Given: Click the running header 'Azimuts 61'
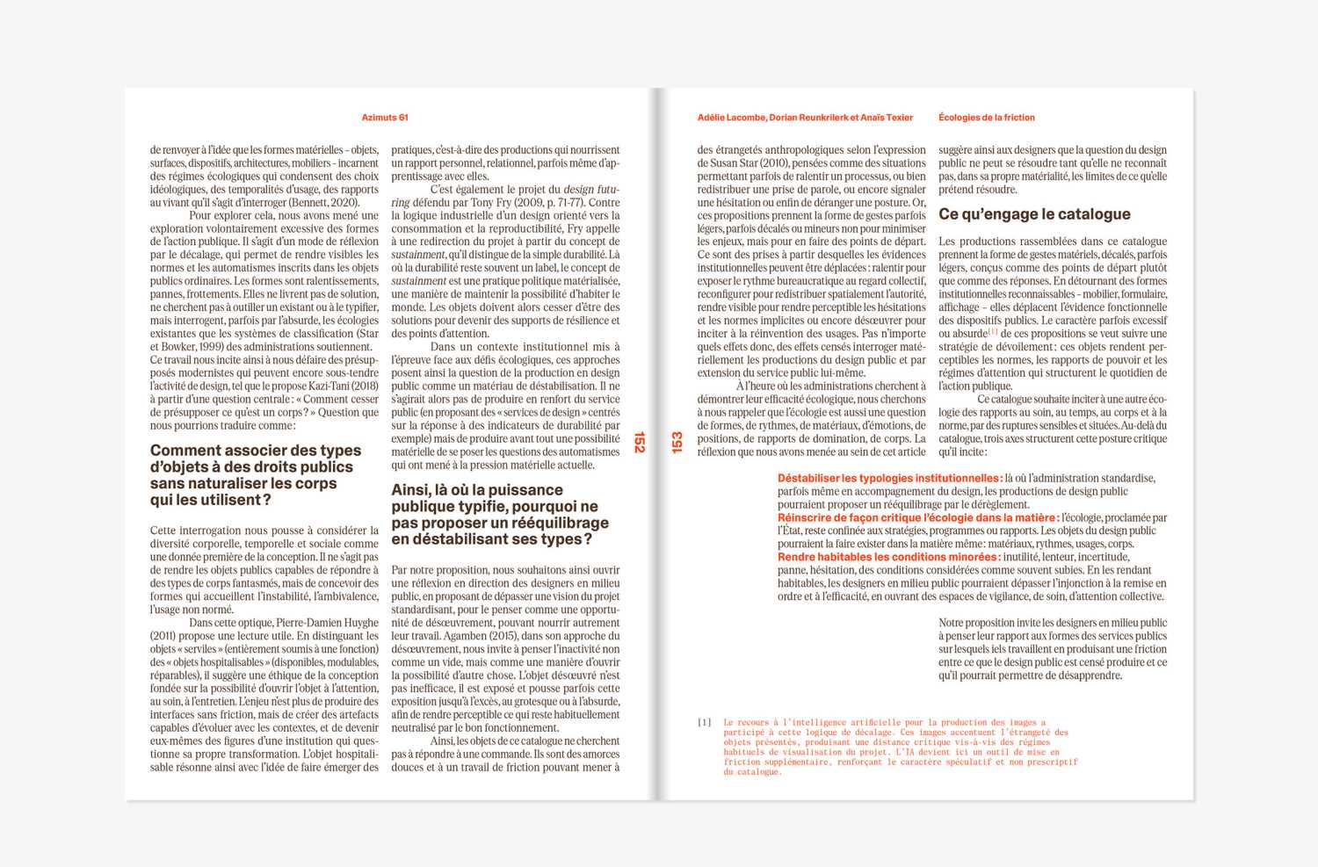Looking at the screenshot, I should tap(385, 118).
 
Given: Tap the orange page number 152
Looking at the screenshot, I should tap(640, 442).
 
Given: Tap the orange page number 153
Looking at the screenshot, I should tap(677, 442).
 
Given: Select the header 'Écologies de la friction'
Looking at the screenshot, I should tap(986, 118).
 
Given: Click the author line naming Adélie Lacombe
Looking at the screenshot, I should tap(805, 118).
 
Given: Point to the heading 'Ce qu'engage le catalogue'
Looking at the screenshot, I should tap(1034, 214).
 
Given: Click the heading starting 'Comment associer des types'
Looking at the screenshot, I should tap(255, 475).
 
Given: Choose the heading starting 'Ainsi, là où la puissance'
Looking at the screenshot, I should tap(499, 515).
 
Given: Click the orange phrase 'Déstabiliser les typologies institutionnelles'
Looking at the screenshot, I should tap(888, 479).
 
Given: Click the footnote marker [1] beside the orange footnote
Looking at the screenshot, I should tap(705, 722).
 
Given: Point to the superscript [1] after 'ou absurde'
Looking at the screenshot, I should tap(994, 332).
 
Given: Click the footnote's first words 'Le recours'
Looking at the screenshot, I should tap(746, 722).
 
